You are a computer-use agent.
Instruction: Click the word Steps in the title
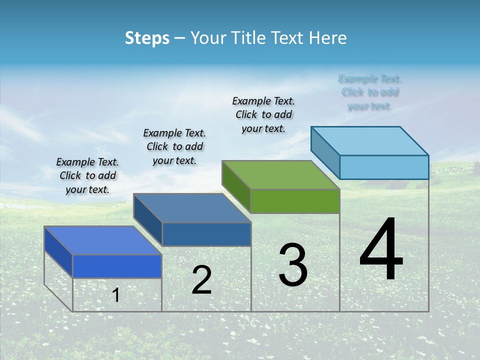click(x=147, y=38)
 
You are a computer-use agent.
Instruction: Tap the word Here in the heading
click(x=328, y=38)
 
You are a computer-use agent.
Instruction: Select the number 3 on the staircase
click(x=292, y=265)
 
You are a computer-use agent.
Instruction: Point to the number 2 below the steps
click(x=201, y=280)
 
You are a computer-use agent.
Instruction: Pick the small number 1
click(x=116, y=295)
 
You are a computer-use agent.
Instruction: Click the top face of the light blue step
click(x=370, y=140)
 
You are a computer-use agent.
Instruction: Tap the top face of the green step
click(x=281, y=174)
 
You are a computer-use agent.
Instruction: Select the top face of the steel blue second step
click(x=192, y=207)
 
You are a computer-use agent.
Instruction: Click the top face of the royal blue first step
click(x=103, y=240)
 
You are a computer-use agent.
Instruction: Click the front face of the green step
click(x=295, y=201)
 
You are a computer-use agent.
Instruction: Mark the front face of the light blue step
click(x=384, y=167)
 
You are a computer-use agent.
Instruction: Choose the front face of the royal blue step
click(x=117, y=266)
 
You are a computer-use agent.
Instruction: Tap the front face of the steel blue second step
click(x=206, y=234)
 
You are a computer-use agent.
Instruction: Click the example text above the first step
click(x=87, y=175)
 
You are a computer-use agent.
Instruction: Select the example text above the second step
click(x=174, y=146)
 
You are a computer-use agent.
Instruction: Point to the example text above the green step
click(x=263, y=114)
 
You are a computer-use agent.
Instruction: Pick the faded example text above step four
click(x=370, y=92)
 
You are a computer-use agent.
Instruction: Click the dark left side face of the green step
click(x=236, y=186)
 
